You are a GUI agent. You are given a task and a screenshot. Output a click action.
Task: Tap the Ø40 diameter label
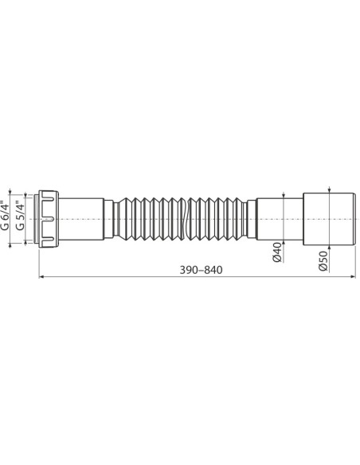pos(276,252)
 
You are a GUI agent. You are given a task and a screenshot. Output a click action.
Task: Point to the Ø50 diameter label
pos(323,262)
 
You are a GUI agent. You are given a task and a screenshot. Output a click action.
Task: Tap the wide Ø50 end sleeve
pos(329,219)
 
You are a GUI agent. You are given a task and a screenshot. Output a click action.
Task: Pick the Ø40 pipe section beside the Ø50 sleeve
pos(280,219)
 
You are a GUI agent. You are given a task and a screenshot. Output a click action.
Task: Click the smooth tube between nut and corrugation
pos(84,219)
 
